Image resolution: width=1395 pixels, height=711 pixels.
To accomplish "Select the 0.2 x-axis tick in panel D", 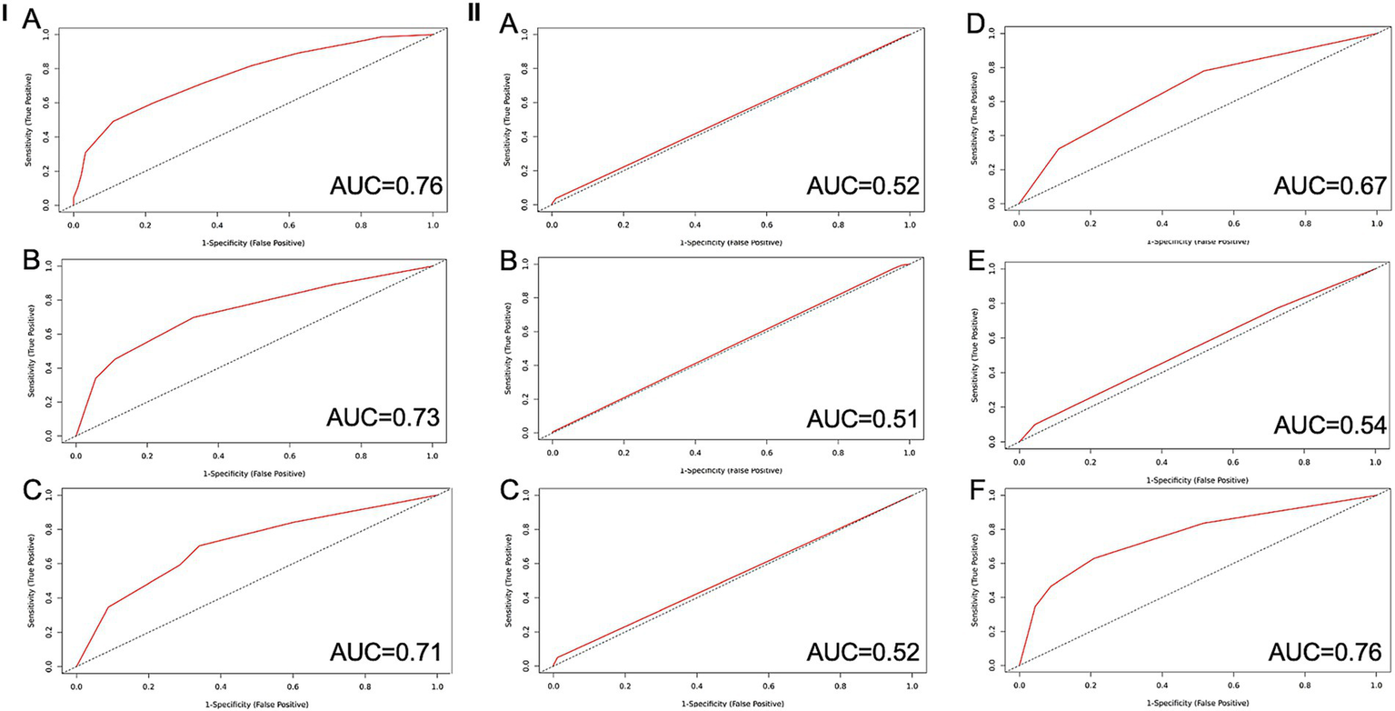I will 1091,222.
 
